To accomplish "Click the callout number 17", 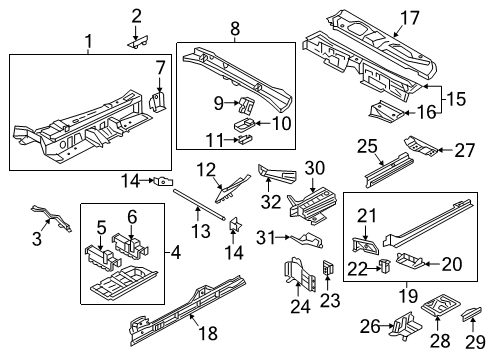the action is [x=409, y=18].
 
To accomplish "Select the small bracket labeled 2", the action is [x=138, y=42].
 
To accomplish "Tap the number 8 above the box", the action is [x=235, y=29].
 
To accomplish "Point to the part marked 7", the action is [x=157, y=101].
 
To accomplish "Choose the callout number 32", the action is [x=271, y=202].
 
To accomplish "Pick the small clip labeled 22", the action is [x=386, y=265].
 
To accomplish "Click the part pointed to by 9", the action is [x=246, y=104].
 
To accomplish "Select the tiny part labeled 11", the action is [x=245, y=138].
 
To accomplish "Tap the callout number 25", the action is [x=367, y=146].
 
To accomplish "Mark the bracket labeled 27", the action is [x=421, y=145].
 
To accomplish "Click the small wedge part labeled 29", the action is [x=471, y=313].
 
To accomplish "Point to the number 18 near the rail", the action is [x=208, y=333].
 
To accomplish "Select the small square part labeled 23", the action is [x=328, y=267].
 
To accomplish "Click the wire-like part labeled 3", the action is [x=52, y=217].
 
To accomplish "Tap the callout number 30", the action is [x=315, y=168].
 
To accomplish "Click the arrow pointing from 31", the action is [x=283, y=237].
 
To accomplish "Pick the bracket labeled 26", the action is [x=408, y=326].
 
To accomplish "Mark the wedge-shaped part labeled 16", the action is [x=387, y=110].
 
